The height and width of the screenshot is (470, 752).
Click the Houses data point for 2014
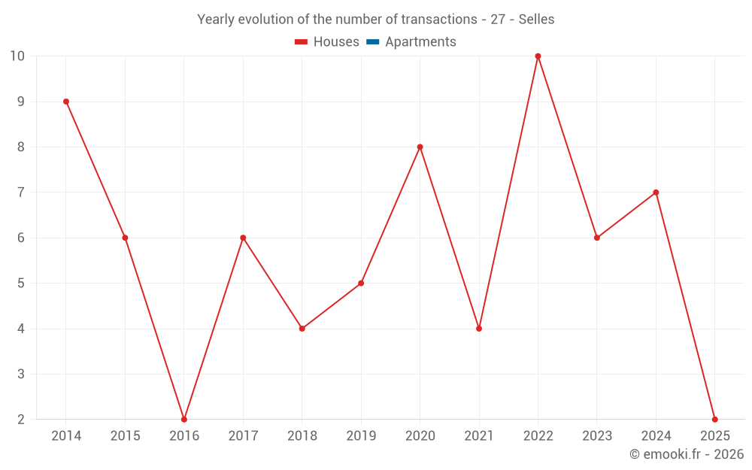[x=66, y=102]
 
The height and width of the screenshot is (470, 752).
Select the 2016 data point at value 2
[x=184, y=419]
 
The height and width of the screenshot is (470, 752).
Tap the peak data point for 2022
[x=538, y=56]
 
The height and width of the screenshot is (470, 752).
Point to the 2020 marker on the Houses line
[x=420, y=147]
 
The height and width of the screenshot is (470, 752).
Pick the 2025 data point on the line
[x=714, y=419]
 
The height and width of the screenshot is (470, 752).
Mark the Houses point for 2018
[x=302, y=329]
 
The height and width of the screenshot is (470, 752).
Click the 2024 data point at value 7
[x=656, y=193]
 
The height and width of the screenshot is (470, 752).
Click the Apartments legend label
[x=420, y=42]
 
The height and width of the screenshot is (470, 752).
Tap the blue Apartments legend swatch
[x=372, y=42]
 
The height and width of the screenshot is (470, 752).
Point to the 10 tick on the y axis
[x=17, y=56]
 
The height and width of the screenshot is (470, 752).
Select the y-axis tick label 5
[x=21, y=284]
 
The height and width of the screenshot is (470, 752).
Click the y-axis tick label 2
[x=21, y=419]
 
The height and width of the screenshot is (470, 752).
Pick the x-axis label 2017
[x=243, y=436]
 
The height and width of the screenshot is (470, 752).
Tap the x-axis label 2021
[x=479, y=436]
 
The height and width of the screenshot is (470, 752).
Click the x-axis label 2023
[x=597, y=436]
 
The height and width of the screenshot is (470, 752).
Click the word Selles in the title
[x=536, y=20]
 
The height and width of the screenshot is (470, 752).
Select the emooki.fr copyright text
[x=686, y=454]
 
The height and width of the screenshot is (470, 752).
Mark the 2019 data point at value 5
[x=361, y=284]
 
